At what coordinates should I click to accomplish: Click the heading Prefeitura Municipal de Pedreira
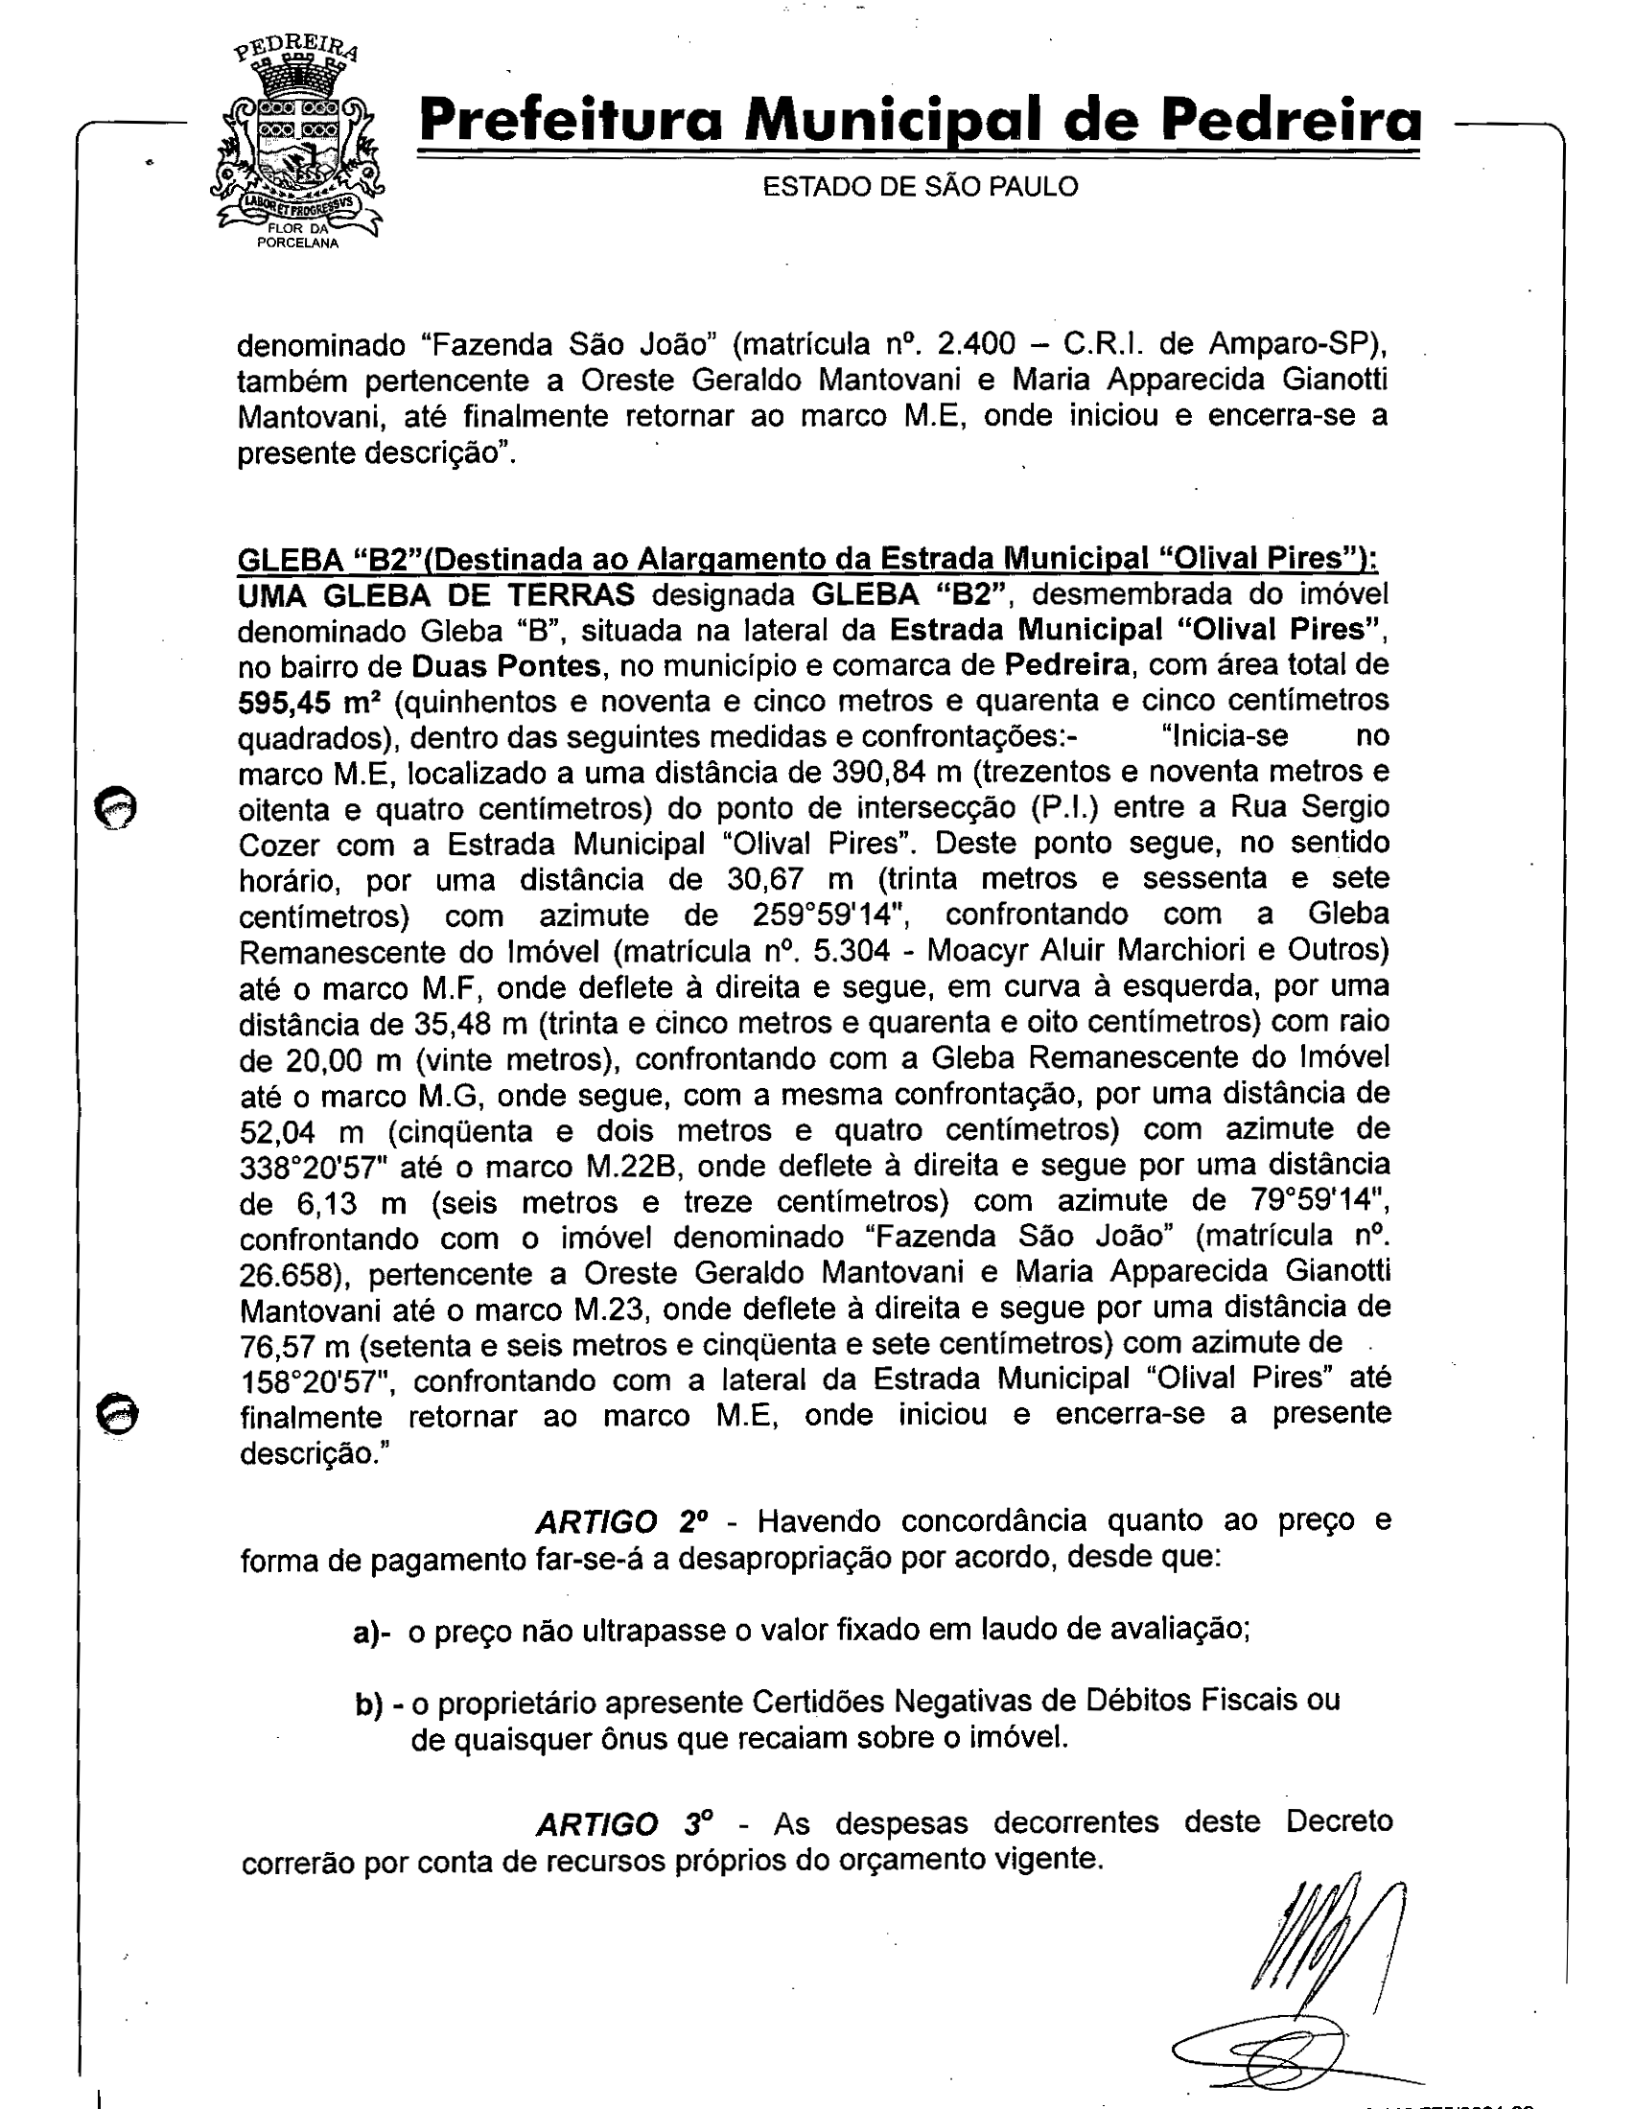click(921, 124)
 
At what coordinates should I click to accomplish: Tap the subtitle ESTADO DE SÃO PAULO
click(921, 186)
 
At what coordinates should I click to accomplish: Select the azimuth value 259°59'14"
click(830, 915)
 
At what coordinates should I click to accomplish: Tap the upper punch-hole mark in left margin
click(115, 806)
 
